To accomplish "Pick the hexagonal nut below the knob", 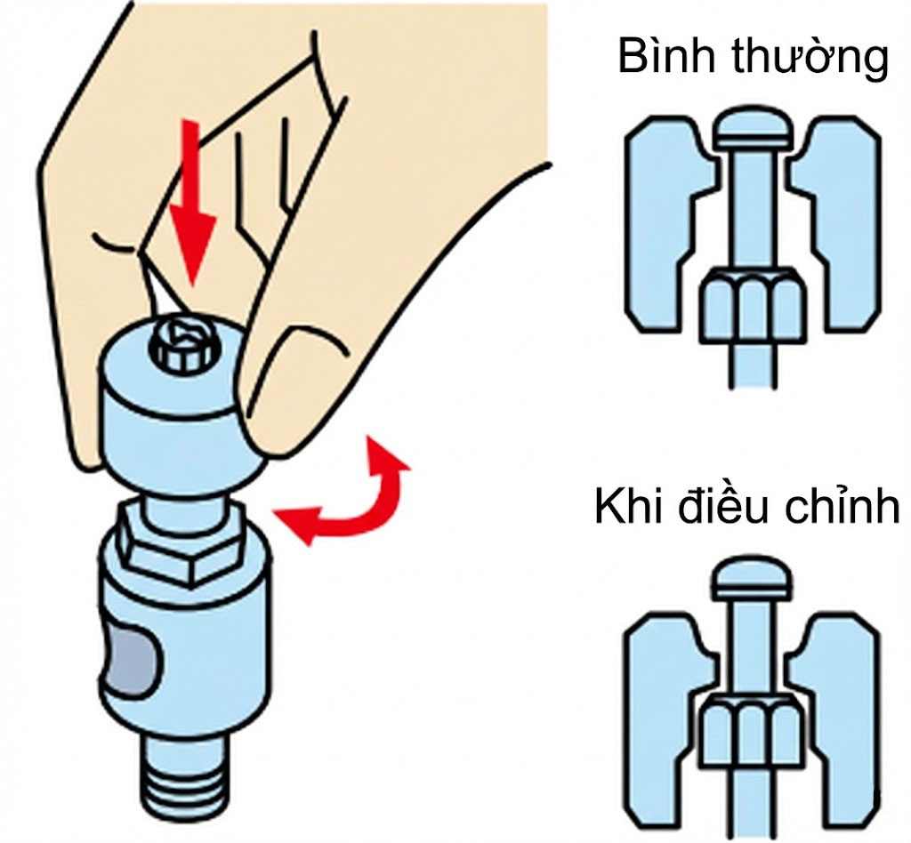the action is pos(182,546).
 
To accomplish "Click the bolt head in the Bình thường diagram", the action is pos(753,128).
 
